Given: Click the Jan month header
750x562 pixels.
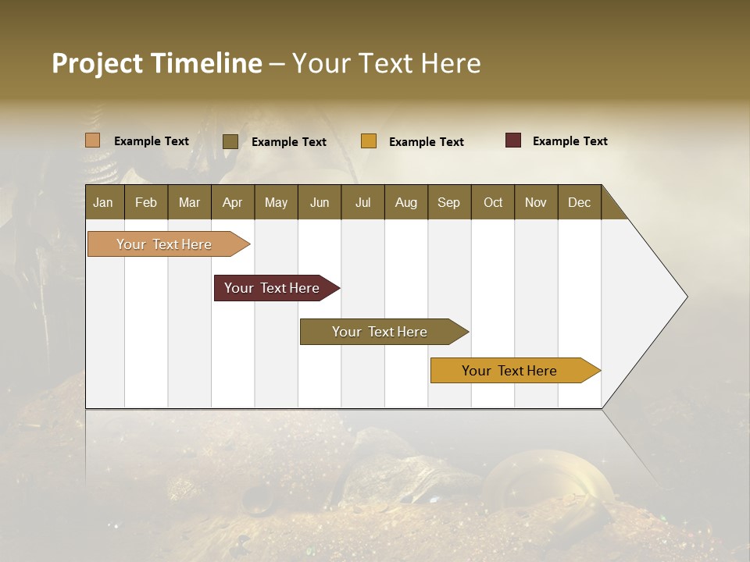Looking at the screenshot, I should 104,202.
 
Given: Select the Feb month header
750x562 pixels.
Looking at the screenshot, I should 146,202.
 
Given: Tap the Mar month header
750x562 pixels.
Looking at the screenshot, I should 189,202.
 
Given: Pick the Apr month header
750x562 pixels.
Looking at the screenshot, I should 233,202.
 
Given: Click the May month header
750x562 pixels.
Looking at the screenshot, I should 276,202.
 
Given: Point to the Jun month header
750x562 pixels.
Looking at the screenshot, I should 320,202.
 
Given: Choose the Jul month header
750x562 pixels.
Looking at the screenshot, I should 362,202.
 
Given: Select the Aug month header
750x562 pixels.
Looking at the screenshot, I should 406,202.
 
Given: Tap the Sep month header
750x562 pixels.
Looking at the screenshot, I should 449,202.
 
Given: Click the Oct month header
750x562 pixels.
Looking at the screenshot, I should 493,202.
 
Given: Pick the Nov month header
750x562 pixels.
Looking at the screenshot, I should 536,202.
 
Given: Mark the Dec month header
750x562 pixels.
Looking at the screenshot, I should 580,202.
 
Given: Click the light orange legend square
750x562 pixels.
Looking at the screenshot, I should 93,140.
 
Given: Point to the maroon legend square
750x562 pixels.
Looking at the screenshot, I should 513,140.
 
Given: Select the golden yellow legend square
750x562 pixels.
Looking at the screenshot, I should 369,141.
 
